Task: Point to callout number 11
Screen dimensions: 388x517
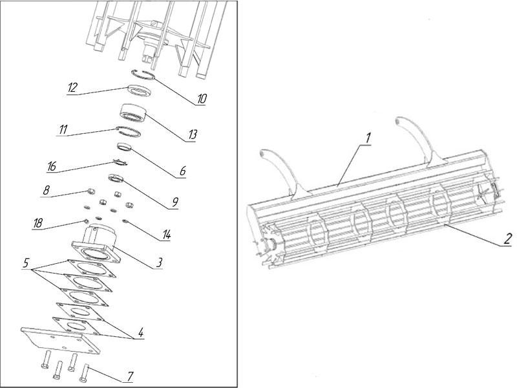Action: click(x=62, y=130)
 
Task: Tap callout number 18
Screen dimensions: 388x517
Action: click(x=38, y=223)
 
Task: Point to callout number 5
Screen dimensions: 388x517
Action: click(x=26, y=264)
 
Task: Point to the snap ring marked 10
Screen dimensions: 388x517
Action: click(x=142, y=75)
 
